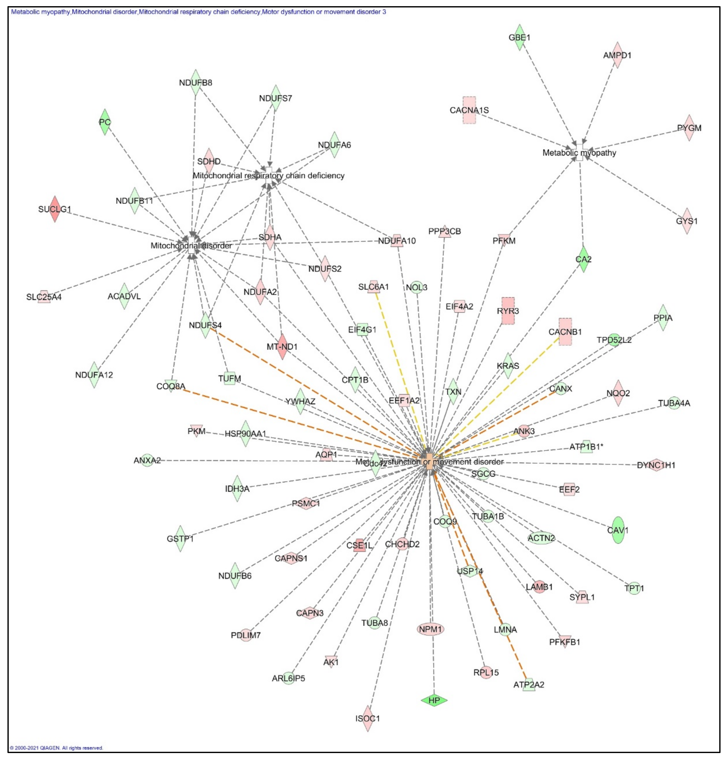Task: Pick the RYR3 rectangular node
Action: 508,311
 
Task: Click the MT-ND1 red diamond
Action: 283,346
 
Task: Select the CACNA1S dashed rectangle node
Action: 469,110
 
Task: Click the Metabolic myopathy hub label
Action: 579,153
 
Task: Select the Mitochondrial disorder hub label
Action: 191,246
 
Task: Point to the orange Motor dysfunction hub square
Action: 430,462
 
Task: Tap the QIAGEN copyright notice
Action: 56,748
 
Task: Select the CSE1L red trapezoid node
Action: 359,545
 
